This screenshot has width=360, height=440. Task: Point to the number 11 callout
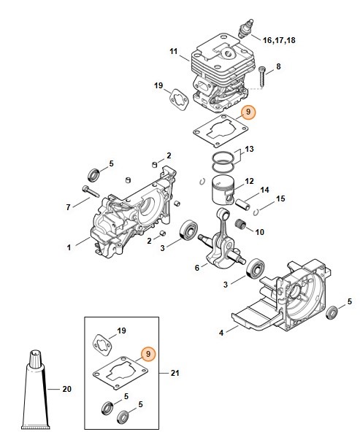(174, 51)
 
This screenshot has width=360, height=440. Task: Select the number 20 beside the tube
(67, 389)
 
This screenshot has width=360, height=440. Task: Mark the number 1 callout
(69, 247)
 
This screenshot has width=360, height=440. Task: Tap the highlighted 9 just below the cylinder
(248, 112)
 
